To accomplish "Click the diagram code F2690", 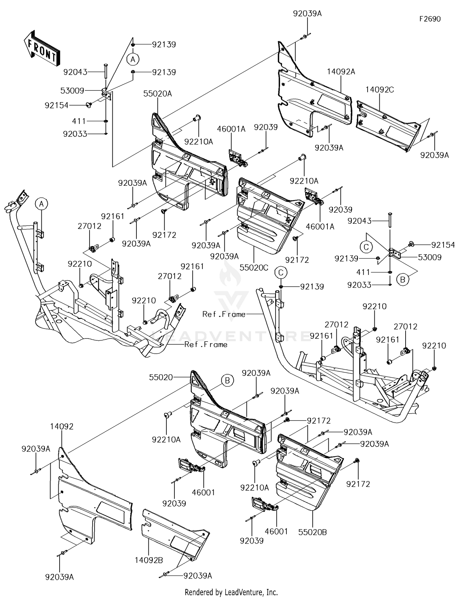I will tap(430, 19).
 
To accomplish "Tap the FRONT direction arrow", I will tap(42, 49).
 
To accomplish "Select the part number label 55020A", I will tap(157, 94).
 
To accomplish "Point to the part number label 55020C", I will tap(254, 268).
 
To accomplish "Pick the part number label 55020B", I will tap(313, 532).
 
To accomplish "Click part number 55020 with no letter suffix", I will tap(161, 377).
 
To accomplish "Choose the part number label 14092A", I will tap(341, 72).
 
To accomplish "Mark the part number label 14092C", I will tap(380, 90).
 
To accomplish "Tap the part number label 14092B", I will tap(149, 560).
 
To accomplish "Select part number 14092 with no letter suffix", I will tap(62, 426).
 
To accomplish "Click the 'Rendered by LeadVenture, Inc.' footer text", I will tap(231, 592).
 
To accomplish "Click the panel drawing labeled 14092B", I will tap(174, 534).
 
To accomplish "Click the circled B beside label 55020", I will tap(227, 381).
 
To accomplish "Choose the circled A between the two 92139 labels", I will tap(133, 59).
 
